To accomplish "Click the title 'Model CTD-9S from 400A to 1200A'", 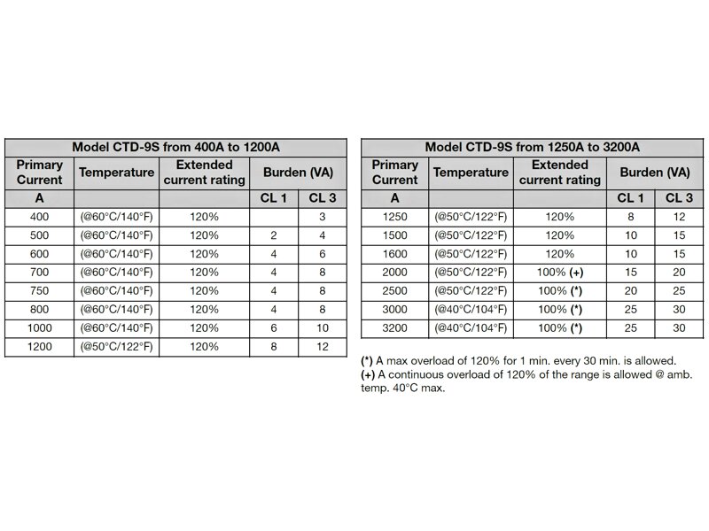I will pyautogui.click(x=175, y=148).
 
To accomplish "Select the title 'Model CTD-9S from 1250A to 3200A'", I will pyautogui.click(x=533, y=148).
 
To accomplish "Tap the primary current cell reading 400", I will pyautogui.click(x=39, y=217).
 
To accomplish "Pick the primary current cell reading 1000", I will pyautogui.click(x=39, y=327).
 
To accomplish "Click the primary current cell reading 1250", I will pyautogui.click(x=395, y=217).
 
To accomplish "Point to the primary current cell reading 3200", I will pyautogui.click(x=395, y=327).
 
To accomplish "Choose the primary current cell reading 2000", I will pyautogui.click(x=395, y=273).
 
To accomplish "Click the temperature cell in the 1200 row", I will pyautogui.click(x=115, y=346).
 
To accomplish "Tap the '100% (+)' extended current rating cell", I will pyautogui.click(x=559, y=273).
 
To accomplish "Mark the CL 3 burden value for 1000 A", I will pyautogui.click(x=322, y=327).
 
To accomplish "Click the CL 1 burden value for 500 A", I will pyautogui.click(x=274, y=235).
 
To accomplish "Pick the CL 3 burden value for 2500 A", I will pyautogui.click(x=678, y=291).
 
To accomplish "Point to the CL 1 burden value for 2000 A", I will pyautogui.click(x=630, y=273).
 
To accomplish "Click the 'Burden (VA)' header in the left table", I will pyautogui.click(x=298, y=173).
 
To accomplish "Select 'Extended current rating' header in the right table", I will pyautogui.click(x=559, y=173).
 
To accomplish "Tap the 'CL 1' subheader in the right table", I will pyautogui.click(x=630, y=197).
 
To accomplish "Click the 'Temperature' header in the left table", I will pyautogui.click(x=115, y=173).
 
